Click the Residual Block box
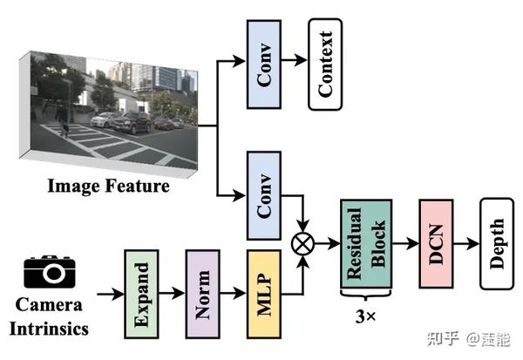point(366,244)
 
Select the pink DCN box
point(438,244)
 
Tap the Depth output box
point(494,244)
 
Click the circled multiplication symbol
point(302,244)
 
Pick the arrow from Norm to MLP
point(234,293)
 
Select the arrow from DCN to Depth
point(467,244)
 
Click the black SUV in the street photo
point(132,123)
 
